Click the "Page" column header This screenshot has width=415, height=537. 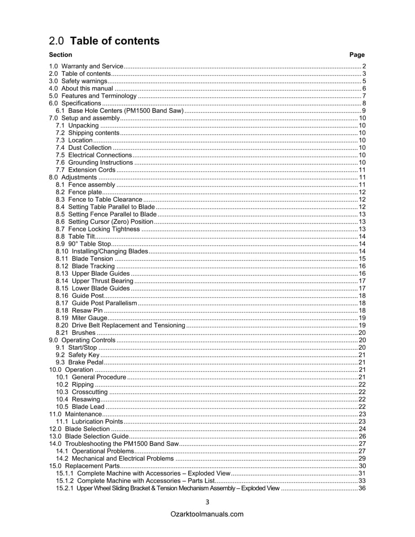click(x=357, y=55)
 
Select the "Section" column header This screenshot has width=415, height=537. click(x=60, y=55)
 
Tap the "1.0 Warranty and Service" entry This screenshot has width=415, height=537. click(x=86, y=66)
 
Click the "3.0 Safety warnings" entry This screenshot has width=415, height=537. click(x=78, y=81)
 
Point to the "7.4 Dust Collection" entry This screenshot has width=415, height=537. click(x=84, y=148)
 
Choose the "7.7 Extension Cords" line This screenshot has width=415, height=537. click(x=86, y=170)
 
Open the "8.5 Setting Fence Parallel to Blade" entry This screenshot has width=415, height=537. click(x=106, y=214)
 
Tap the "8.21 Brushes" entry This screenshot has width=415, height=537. click(x=76, y=333)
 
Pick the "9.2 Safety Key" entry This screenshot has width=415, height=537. click(x=78, y=355)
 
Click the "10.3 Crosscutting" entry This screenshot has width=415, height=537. click(x=82, y=392)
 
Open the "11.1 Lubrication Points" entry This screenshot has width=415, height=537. click(x=89, y=422)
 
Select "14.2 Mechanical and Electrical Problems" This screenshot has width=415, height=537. click(x=115, y=459)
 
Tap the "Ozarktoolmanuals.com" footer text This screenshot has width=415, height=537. click(x=207, y=514)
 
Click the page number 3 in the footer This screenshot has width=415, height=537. click(x=207, y=502)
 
